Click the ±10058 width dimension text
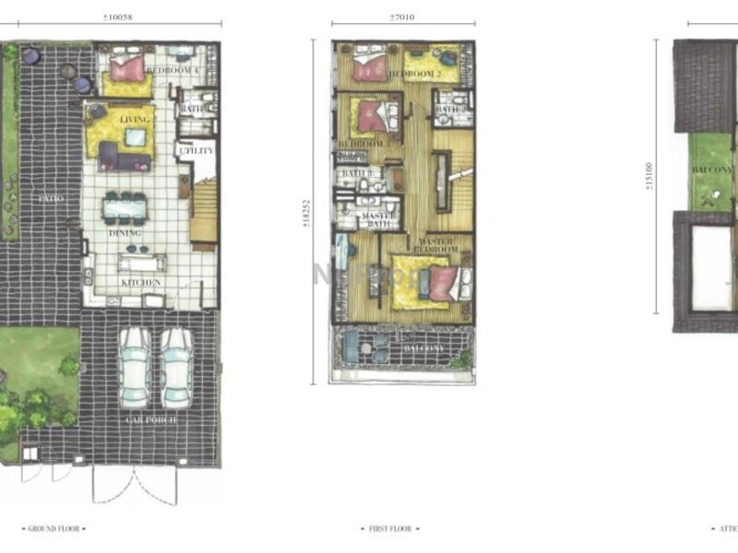point(118,17)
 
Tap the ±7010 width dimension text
point(402,17)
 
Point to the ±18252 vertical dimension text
point(319,215)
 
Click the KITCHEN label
point(141,282)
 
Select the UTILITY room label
point(196,150)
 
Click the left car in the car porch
point(136,367)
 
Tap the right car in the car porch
point(176,367)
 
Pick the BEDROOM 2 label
point(415,73)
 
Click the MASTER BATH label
point(379,220)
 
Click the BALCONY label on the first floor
point(423,348)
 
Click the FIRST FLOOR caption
point(388,529)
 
